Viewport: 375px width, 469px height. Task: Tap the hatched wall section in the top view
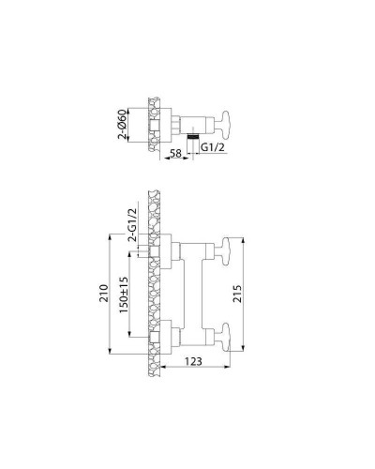150,122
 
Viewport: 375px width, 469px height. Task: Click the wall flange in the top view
159,122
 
